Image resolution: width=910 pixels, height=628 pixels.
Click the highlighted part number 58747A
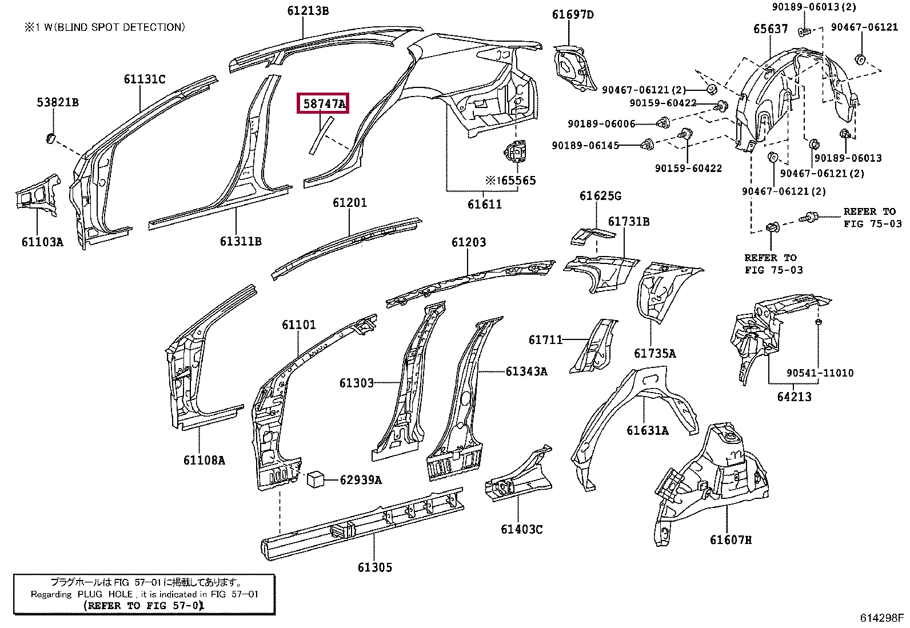pos(324,103)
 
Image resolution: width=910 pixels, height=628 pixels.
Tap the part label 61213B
pos(308,10)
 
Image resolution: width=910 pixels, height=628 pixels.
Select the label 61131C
pos(145,79)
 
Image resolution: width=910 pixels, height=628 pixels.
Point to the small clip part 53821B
pos(51,138)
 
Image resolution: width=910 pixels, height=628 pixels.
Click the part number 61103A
pos(42,242)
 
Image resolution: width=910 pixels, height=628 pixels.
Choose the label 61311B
pos(241,241)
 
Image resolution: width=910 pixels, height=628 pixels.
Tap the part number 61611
pos(485,204)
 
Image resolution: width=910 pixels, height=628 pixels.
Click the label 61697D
pos(573,15)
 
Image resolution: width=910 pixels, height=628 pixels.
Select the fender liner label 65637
pos(771,29)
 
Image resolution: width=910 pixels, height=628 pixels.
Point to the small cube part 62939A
pos(316,479)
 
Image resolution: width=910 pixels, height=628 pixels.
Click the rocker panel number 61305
pos(375,567)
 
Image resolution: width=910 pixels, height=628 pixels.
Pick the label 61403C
pos(522,529)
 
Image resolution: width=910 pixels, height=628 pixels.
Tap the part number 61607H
pos(731,540)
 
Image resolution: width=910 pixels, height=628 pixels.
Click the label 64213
pos(794,397)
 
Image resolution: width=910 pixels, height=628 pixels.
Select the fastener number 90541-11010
pos(820,373)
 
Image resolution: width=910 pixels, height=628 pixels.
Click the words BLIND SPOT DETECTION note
pos(120,27)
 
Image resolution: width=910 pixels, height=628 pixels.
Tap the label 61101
pos(299,325)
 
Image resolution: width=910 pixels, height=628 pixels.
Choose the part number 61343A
pos(526,371)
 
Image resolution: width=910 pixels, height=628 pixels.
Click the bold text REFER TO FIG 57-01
pos(144,606)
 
